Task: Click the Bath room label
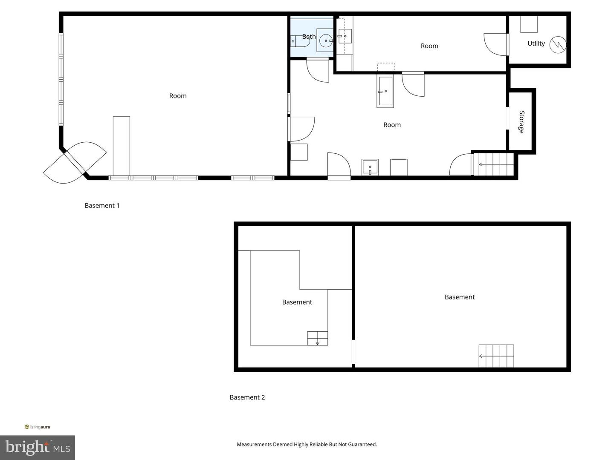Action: [x=309, y=37]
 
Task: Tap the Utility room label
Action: [x=536, y=43]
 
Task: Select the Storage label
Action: [x=521, y=122]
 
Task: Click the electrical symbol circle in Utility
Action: [x=557, y=45]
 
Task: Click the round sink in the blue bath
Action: [x=326, y=41]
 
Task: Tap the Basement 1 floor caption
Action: [x=102, y=205]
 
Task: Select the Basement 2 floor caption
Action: [x=247, y=397]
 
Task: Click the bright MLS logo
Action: [x=38, y=447]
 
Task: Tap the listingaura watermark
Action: [x=38, y=427]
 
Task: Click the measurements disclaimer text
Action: [x=307, y=444]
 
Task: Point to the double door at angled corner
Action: [x=75, y=162]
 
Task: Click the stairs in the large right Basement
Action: [x=496, y=356]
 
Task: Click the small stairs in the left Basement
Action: [x=318, y=338]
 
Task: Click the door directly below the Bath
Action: [x=318, y=70]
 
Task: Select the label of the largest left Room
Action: [x=178, y=96]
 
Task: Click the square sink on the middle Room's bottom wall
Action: [x=370, y=167]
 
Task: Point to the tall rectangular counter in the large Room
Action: [x=121, y=146]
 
